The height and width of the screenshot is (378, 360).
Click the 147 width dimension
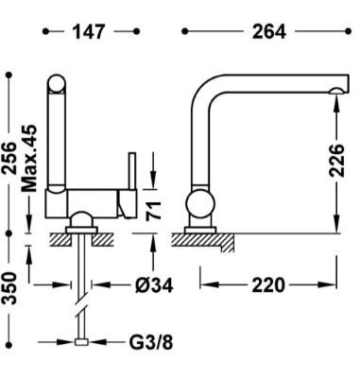88,32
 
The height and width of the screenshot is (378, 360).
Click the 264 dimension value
269,32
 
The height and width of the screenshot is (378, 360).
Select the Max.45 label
29,159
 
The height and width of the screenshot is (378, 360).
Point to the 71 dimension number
154,211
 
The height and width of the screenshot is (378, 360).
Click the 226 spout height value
336,161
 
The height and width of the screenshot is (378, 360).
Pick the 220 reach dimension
268,285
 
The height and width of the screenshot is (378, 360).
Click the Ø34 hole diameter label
154,285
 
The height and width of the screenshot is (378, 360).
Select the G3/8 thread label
151,342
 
